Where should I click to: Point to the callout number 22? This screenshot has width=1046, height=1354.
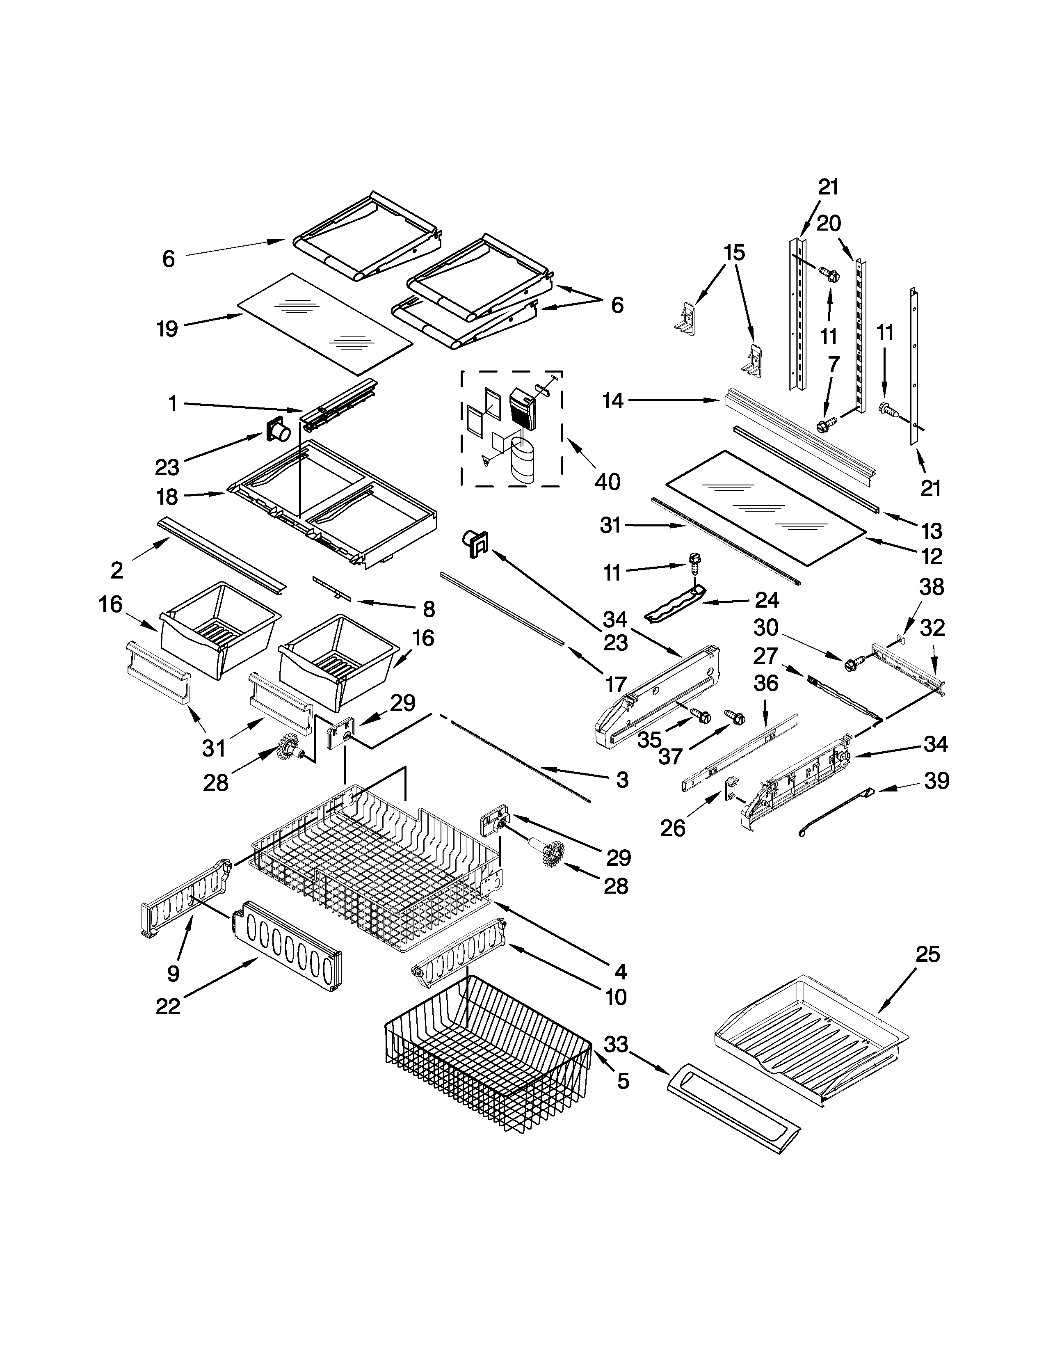[x=167, y=1006]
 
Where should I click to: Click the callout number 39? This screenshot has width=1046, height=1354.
[x=936, y=781]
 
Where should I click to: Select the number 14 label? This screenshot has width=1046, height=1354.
[x=613, y=401]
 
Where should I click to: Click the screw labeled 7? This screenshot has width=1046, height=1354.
[x=826, y=425]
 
